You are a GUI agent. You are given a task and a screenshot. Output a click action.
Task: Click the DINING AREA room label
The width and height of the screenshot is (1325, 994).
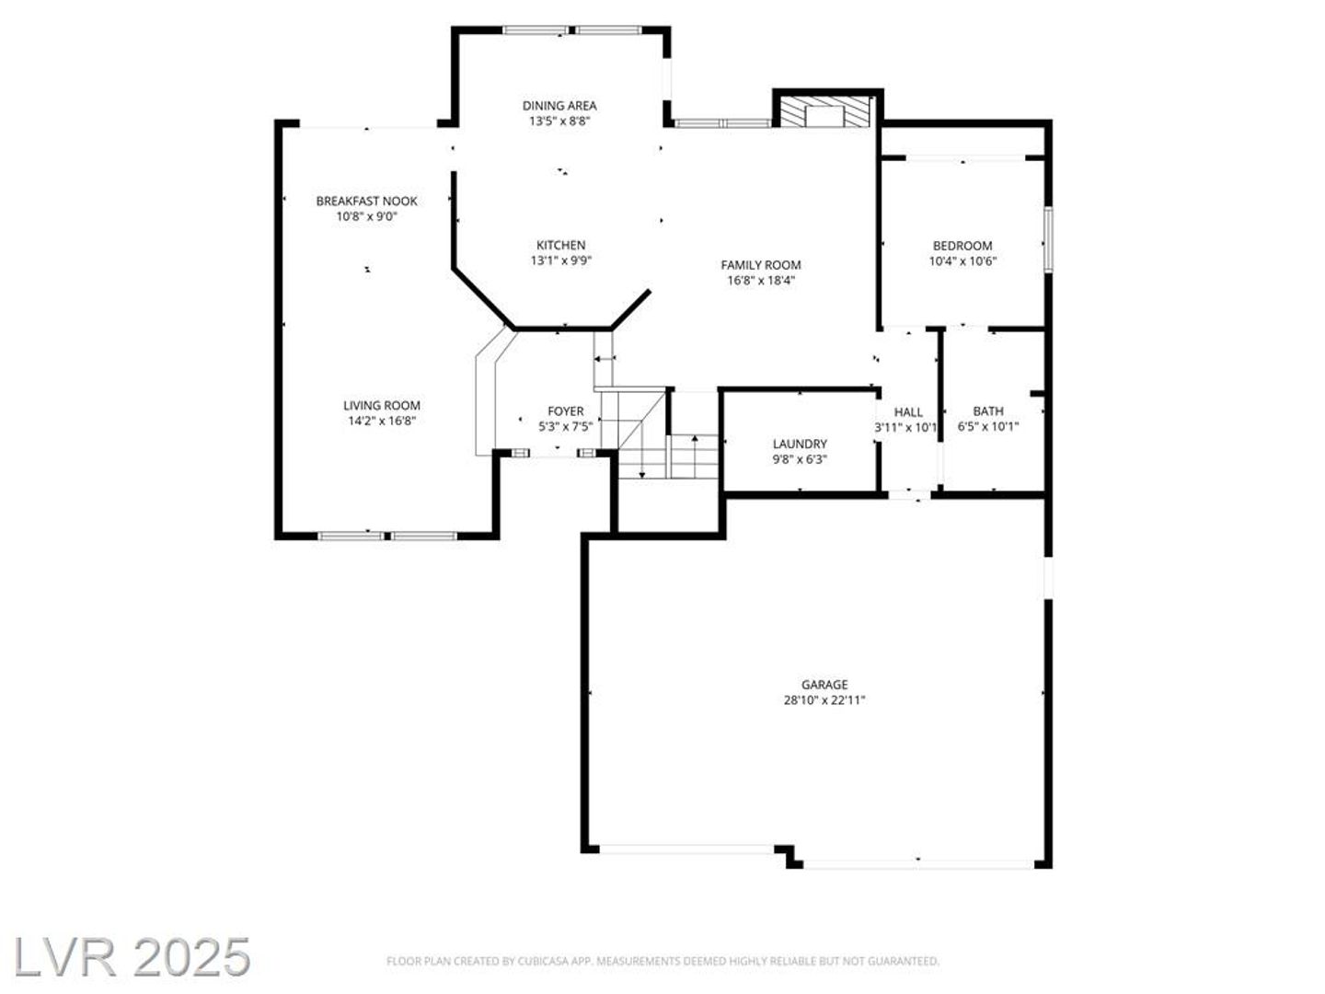coord(559,106)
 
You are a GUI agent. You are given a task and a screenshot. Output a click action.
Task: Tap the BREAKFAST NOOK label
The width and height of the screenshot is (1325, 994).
coord(366,201)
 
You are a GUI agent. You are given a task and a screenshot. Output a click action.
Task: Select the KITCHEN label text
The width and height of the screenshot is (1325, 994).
coord(560,245)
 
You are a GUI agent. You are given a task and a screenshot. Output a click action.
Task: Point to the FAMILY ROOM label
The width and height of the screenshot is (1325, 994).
coord(761,265)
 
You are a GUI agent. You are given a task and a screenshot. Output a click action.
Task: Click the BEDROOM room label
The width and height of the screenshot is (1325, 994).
coord(962,246)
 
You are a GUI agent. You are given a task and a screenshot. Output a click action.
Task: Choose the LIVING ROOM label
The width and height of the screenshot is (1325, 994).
coord(382,406)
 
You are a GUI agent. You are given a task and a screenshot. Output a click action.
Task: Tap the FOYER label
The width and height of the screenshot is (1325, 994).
coord(566,411)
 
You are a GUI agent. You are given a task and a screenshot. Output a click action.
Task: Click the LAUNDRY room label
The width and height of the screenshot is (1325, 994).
coord(800,444)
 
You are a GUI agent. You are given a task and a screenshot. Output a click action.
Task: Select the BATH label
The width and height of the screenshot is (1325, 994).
coord(988,411)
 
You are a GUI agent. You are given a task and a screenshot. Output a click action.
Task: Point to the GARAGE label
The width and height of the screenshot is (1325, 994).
coord(824,685)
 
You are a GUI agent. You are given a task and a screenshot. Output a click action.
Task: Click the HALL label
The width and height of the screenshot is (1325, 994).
coord(908,411)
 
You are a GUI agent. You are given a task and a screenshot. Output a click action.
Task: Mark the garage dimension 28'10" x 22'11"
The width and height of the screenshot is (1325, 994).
coord(824,700)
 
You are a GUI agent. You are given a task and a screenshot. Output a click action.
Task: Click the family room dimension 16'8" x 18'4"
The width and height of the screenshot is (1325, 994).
coord(761,280)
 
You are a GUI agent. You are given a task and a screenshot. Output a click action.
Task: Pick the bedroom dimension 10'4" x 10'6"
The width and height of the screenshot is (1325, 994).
coord(962,261)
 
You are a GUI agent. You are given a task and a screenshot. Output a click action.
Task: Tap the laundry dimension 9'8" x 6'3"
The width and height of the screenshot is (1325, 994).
coord(800,459)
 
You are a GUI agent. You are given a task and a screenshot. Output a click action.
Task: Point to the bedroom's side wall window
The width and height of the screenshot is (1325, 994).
coord(1049,238)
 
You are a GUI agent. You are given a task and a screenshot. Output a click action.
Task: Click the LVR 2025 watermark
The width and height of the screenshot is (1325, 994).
coord(132,957)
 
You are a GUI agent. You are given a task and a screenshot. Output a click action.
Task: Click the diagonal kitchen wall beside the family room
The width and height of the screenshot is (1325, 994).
coord(631,309)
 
